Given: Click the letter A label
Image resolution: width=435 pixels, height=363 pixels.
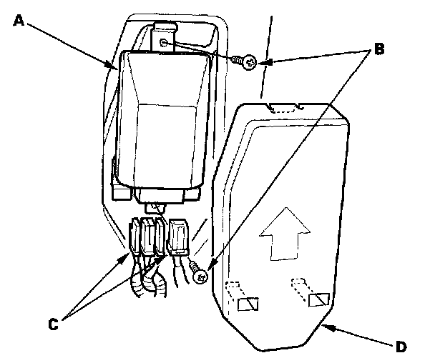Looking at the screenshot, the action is click(x=19, y=21).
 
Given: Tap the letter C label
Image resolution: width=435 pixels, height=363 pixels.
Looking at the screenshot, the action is click(x=52, y=323).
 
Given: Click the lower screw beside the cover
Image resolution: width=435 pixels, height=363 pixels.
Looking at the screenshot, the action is click(x=198, y=272).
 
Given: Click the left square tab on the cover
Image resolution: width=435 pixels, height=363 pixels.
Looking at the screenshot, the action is click(x=245, y=304).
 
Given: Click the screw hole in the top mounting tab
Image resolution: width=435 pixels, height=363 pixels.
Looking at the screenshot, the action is click(x=166, y=43).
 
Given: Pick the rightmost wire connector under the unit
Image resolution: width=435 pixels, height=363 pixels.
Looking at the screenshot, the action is click(x=177, y=237).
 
